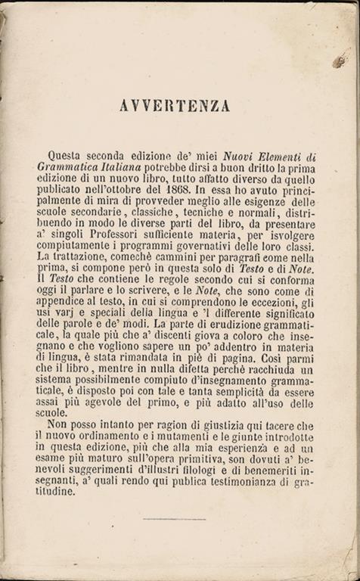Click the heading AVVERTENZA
175,106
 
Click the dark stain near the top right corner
340,61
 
